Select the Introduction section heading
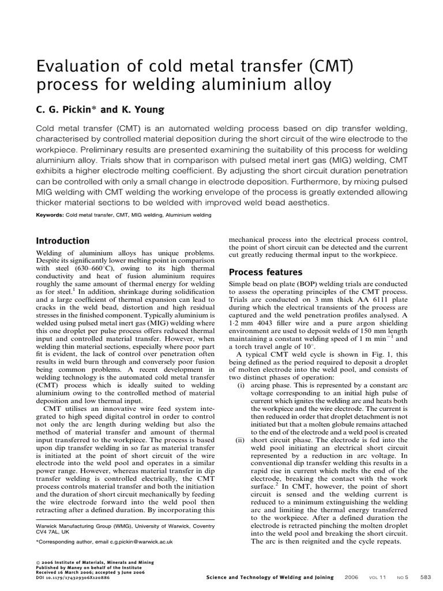62,241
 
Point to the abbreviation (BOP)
310,285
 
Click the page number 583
426,577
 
